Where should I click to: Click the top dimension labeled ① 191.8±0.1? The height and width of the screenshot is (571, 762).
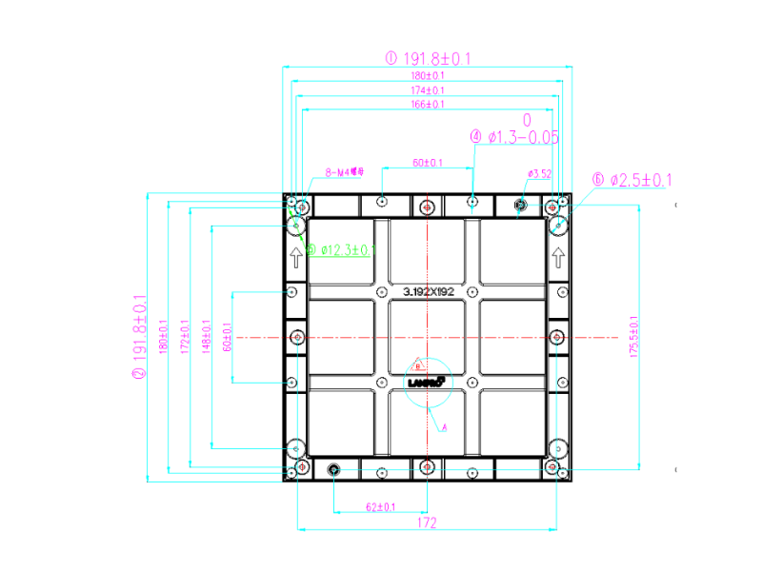tap(428, 58)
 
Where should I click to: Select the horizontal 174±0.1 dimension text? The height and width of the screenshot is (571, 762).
tap(428, 90)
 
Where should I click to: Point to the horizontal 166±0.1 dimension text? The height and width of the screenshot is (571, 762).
tap(428, 104)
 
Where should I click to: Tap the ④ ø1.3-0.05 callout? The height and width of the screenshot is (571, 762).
tap(514, 138)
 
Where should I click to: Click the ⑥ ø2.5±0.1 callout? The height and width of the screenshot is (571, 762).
tap(632, 180)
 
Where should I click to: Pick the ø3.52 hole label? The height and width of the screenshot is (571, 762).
tap(539, 173)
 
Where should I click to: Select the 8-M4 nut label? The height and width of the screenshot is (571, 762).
tap(345, 173)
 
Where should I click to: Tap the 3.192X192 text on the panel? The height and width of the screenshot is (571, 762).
tap(428, 292)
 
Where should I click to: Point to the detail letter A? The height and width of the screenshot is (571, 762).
tap(443, 427)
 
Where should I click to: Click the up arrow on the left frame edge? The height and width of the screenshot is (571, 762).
tap(295, 255)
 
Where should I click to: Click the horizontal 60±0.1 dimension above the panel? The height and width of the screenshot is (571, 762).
tap(427, 163)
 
